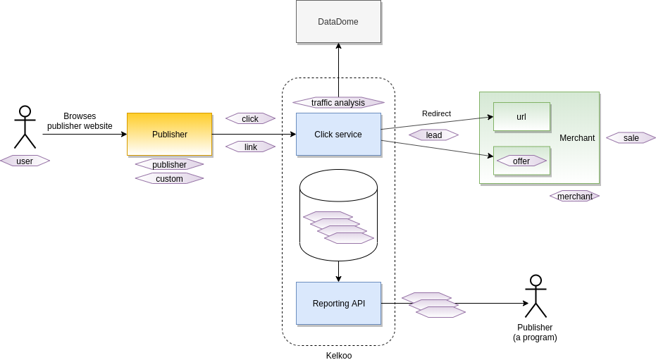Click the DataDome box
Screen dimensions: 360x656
[x=338, y=22]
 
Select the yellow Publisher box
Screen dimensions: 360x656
[x=169, y=134]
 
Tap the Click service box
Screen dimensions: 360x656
[x=338, y=134]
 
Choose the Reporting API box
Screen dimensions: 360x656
[x=338, y=303]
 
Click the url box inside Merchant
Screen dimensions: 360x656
[x=521, y=117]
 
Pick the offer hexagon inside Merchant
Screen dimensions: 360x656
[x=521, y=161]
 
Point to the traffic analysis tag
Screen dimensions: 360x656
[x=338, y=103]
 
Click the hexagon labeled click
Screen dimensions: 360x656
[x=250, y=118]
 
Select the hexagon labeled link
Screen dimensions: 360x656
[x=250, y=147]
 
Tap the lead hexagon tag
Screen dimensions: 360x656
[x=433, y=135]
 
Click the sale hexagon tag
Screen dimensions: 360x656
[x=631, y=137]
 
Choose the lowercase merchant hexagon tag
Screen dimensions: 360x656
[x=574, y=196]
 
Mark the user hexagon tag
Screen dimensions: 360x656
[x=25, y=161]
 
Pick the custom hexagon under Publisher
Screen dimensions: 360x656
[x=169, y=178]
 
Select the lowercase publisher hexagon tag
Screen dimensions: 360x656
[x=169, y=164]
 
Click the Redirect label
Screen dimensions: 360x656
[x=436, y=113]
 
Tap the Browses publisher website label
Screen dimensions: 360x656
[x=80, y=121]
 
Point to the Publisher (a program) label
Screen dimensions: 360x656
[x=535, y=333]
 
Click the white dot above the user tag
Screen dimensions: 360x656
[x=25, y=111]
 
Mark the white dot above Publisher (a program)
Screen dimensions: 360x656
[x=536, y=280]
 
